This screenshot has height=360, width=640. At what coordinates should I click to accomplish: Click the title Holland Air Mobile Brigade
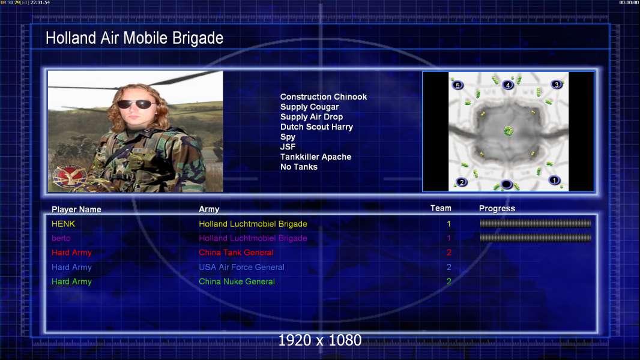[134, 38]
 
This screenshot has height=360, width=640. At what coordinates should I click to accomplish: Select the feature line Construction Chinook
[323, 97]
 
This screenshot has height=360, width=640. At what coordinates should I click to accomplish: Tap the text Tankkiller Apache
[316, 157]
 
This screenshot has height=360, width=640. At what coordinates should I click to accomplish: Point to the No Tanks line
[299, 167]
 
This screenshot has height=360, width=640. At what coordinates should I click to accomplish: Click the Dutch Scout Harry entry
[316, 127]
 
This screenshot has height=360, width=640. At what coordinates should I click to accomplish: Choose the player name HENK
[63, 224]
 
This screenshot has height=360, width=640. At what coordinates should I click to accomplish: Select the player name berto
[61, 238]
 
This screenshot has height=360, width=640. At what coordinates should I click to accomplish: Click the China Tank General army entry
[236, 253]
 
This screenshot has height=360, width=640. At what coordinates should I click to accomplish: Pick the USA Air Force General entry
[241, 267]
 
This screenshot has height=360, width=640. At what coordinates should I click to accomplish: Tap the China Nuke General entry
[237, 281]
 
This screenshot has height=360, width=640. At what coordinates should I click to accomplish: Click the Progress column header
[497, 208]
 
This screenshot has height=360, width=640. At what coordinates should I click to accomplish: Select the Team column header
[441, 208]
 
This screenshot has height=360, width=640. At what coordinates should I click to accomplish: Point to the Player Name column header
[76, 209]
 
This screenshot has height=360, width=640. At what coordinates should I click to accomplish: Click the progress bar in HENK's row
[536, 223]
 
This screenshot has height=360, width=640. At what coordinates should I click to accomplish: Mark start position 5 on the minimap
[457, 85]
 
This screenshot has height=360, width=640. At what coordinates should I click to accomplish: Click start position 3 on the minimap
[557, 85]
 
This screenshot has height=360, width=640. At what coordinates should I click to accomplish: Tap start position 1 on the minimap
[554, 180]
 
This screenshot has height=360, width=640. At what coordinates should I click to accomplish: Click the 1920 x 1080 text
[320, 340]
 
